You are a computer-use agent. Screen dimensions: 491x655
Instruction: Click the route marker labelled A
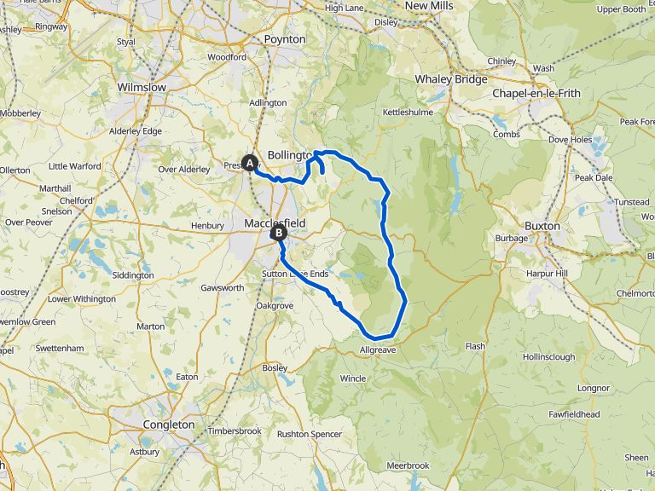point(250,162)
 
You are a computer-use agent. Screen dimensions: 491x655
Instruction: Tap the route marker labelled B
point(278,232)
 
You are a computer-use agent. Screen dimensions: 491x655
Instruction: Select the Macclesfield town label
point(275,222)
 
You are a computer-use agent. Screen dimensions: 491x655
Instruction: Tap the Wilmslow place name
point(142,88)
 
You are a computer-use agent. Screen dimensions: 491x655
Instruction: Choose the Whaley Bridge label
point(450,79)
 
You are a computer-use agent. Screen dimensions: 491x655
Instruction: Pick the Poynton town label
point(285,40)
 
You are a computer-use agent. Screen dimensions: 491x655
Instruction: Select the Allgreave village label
point(380,349)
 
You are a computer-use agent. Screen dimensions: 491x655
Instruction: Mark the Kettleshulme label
point(408,112)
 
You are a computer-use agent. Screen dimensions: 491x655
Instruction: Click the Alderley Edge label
point(135,131)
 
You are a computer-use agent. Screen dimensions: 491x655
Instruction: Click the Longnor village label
point(593,388)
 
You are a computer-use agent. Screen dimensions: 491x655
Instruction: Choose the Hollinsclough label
point(548,357)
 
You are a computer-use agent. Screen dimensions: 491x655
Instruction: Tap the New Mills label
point(429,6)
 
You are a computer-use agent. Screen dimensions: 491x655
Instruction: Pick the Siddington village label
point(133,275)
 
